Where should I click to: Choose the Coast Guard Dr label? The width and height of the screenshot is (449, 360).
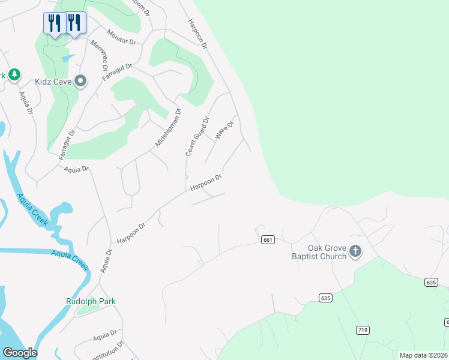(197, 136)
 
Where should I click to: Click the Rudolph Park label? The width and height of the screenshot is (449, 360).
(91, 301)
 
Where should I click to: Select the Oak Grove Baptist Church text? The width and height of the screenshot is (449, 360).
(327, 252)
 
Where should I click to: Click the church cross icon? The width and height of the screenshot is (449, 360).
(355, 251)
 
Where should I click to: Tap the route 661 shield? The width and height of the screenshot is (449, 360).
(268, 240)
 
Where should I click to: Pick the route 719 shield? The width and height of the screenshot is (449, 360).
(363, 330)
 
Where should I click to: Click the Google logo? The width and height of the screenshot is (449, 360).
(20, 352)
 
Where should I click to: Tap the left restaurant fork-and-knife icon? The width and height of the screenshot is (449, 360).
(55, 23)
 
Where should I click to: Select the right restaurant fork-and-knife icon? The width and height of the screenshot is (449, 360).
(74, 23)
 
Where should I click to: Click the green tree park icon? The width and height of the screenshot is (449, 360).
(14, 74)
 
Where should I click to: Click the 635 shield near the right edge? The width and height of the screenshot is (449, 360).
(430, 282)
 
